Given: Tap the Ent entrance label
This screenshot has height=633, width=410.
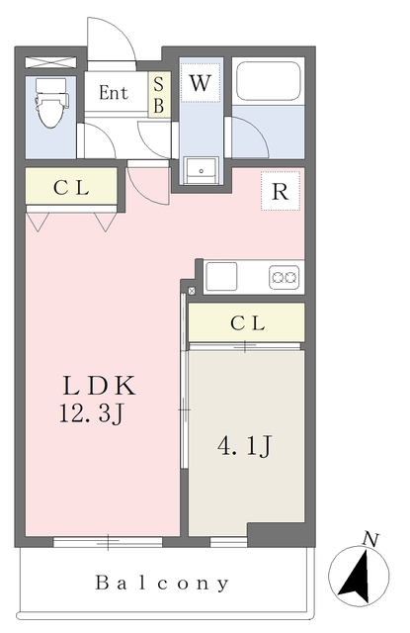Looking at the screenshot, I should coord(113,93).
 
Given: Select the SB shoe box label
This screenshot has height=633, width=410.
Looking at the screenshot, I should coord(157,96).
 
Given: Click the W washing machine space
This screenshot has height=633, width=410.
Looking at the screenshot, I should coord(201,83).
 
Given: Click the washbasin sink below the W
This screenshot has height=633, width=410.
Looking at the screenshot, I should coord(203,169).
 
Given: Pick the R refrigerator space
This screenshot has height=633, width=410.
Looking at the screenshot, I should coord(280,192).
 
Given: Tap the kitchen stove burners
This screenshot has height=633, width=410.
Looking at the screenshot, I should coord(286,277).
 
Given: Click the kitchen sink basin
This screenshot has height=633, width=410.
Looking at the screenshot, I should coord(223,276).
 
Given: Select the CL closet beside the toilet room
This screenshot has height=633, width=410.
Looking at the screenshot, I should coord(68,188).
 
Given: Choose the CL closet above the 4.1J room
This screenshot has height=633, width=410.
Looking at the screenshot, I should coord(246,322).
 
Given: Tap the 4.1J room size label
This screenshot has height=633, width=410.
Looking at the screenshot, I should coord(244,446).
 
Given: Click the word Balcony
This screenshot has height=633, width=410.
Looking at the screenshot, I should coord(163,583).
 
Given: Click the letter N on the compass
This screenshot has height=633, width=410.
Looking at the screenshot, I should coord(370,539).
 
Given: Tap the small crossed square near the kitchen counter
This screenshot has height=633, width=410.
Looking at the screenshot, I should coord(192,290).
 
